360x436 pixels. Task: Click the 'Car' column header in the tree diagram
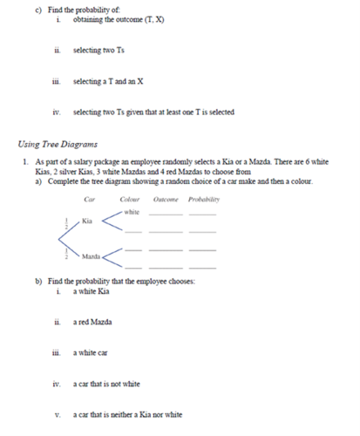pyautogui.click(x=89, y=200)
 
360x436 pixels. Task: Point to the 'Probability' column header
pyautogui.click(x=203, y=200)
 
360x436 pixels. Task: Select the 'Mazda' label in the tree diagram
pyautogui.click(x=91, y=258)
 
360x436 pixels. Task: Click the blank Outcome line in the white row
pyautogui.click(x=168, y=214)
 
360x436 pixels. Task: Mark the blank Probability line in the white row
pyautogui.click(x=202, y=214)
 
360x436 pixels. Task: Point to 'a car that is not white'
pyautogui.click(x=105, y=383)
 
